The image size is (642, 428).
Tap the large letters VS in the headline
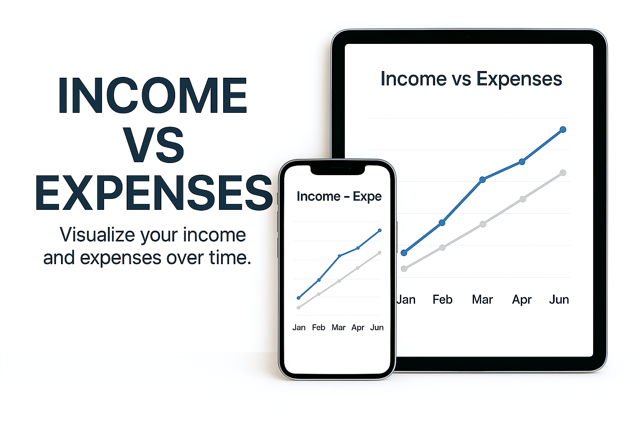click(155, 145)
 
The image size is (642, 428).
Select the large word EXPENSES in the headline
click(154, 193)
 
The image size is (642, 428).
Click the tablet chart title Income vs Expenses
click(471, 79)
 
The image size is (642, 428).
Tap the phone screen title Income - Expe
click(339, 196)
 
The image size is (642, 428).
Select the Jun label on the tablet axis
click(559, 300)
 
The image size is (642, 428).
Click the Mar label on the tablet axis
click(482, 300)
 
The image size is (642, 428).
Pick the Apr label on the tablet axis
click(522, 300)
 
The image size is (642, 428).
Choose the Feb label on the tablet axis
click(442, 300)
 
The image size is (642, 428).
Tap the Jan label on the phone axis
click(299, 328)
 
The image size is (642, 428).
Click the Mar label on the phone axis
click(339, 328)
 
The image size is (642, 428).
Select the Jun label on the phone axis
click(377, 328)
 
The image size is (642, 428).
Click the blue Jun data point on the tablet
click(563, 130)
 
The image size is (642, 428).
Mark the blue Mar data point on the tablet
click(482, 180)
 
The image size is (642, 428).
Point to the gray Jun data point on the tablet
click(563, 173)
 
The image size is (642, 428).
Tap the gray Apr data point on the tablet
click(522, 199)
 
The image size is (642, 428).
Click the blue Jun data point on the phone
click(380, 230)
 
